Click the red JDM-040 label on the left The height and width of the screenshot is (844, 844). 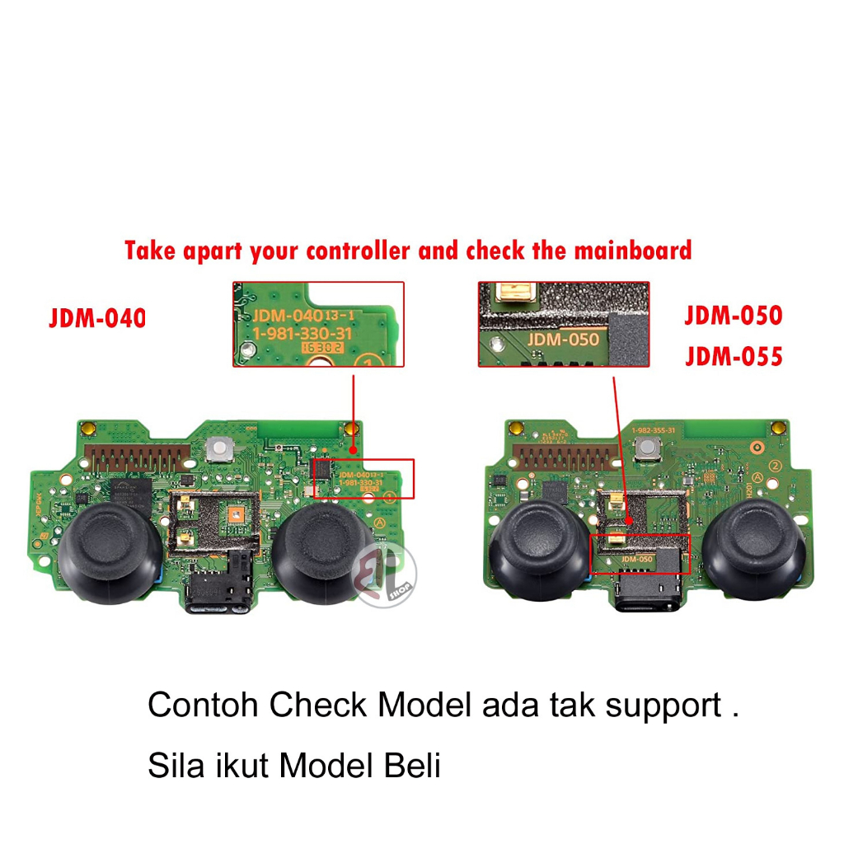97,317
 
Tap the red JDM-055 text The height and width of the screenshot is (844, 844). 733,357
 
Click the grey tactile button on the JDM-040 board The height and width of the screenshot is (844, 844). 219,448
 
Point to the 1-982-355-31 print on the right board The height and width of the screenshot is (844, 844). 654,430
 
